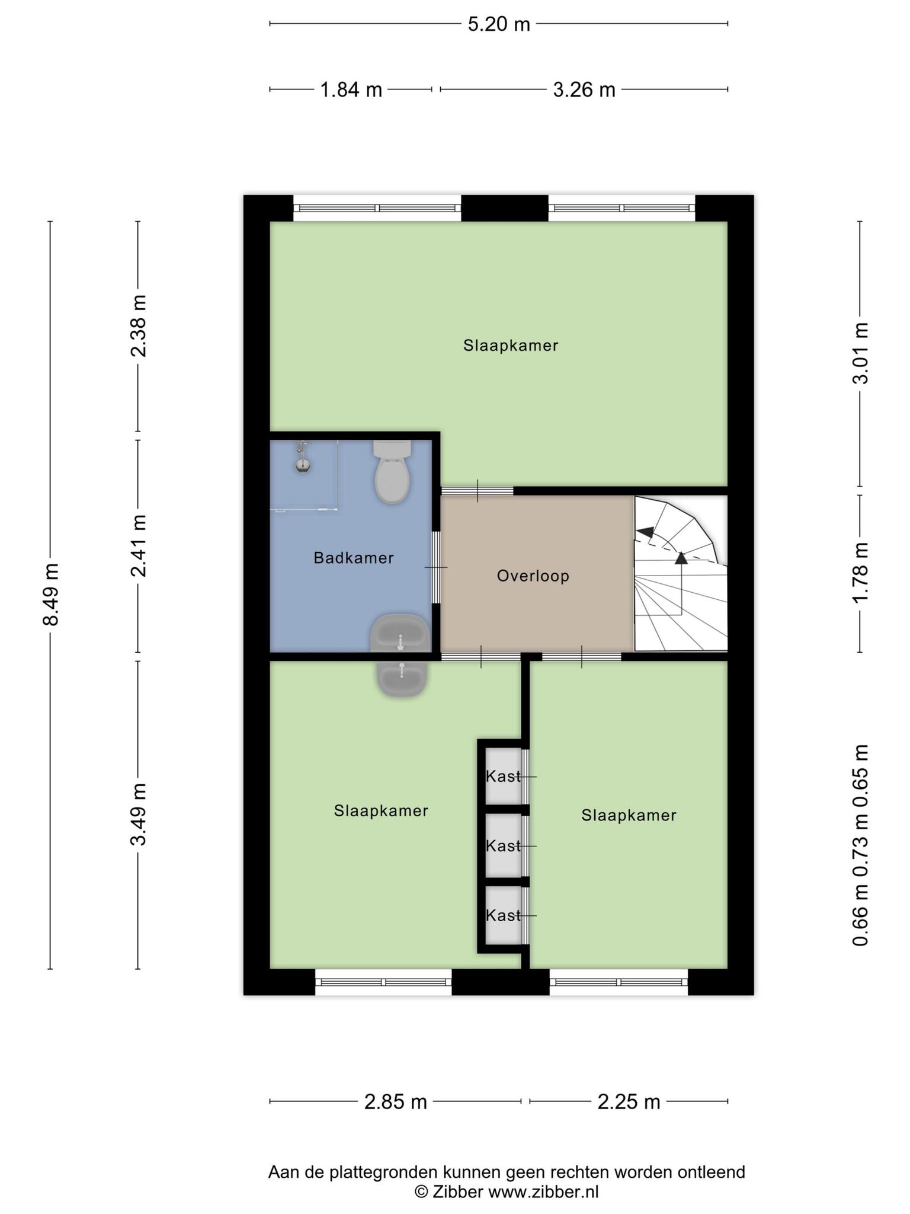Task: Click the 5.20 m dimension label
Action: point(499,24)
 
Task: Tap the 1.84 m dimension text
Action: point(351,90)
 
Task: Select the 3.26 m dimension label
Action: point(584,90)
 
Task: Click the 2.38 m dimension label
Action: point(139,326)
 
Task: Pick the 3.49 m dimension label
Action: point(139,814)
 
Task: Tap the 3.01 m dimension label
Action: point(860,353)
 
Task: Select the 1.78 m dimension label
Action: point(860,573)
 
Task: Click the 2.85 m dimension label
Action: point(396,1102)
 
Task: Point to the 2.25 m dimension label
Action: point(629,1102)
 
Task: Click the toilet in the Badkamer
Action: point(392,472)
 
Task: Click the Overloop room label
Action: point(533,576)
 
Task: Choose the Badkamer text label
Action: point(354,558)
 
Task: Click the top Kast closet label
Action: point(503,776)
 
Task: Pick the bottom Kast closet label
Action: point(503,915)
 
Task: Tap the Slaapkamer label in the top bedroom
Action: point(511,346)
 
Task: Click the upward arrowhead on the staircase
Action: point(681,557)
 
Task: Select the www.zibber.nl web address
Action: point(543,1192)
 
